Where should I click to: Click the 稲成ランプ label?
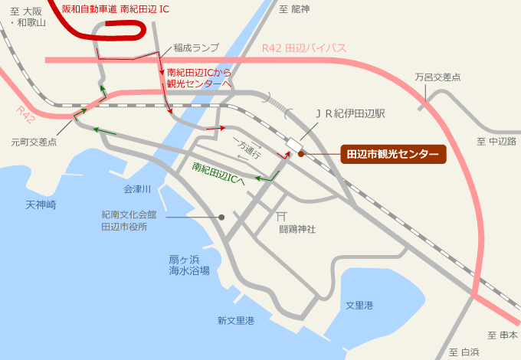point(196,47)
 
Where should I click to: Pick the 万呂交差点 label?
point(437,77)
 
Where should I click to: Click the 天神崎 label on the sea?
point(41,205)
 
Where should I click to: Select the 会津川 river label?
point(137,188)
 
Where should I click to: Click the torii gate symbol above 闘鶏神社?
point(282,217)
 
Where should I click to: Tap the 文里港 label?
point(359,306)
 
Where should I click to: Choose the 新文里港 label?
point(235,320)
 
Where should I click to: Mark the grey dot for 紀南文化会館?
point(221,218)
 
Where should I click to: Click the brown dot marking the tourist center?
point(301,154)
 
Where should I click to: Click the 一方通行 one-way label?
point(246,149)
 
